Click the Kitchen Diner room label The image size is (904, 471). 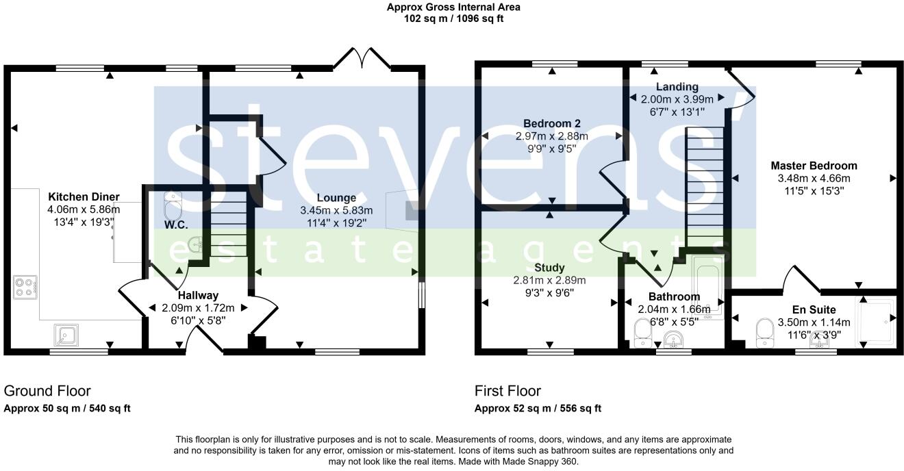tap(84, 196)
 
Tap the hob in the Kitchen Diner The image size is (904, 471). tap(25, 287)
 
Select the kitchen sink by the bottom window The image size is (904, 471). tap(66, 335)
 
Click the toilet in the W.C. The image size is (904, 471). tap(173, 205)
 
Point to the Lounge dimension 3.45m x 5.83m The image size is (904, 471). tap(336, 210)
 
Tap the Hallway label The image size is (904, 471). tap(198, 295)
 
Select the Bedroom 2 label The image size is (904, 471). tap(552, 123)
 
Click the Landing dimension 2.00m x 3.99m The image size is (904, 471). tap(677, 99)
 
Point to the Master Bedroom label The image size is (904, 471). tap(814, 166)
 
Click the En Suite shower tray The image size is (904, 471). tap(875, 321)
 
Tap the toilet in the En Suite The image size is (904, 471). tap(764, 333)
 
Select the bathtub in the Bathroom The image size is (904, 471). tap(708, 287)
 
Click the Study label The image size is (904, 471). tap(549, 268)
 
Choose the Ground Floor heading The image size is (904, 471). tap(47, 391)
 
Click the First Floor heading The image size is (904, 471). tap(507, 391)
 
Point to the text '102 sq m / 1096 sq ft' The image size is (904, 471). tap(453, 18)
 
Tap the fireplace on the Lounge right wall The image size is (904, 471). tap(403, 210)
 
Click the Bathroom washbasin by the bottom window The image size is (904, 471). tap(673, 339)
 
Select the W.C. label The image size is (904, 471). tap(176, 225)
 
